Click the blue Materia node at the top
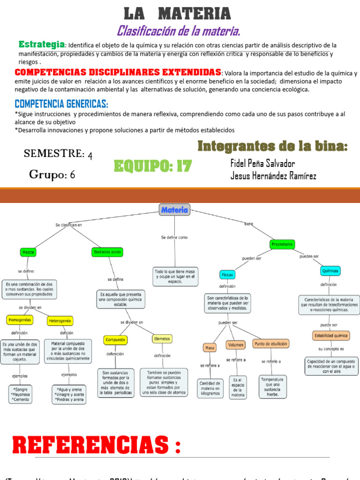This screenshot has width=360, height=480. coord(174,210)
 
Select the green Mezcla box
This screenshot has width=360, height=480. coord(28,252)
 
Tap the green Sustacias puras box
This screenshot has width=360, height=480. coord(107,252)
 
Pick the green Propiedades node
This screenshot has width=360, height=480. coord(282,244)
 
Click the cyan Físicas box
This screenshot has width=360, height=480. coord(227,274)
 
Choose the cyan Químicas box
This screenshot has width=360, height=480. coord(330,271)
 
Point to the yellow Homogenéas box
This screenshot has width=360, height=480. coord(19,320)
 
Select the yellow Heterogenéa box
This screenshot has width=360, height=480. coord(60,321)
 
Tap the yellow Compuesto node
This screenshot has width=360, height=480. coord(115,340)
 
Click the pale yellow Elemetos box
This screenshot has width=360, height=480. coord(162,338)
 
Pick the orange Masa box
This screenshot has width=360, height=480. coord(209,348)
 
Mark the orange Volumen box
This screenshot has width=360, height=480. coord(236,345)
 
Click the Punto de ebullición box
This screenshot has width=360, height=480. coord(271,344)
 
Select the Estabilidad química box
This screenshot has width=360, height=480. coord(330,336)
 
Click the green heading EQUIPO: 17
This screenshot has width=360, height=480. coord(153,166)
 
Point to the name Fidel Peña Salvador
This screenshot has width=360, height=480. coord(262,163)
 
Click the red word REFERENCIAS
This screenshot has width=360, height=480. coord(89,444)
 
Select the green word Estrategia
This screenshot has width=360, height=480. coord(41,44)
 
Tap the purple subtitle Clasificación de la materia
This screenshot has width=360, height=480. coord(179,31)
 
